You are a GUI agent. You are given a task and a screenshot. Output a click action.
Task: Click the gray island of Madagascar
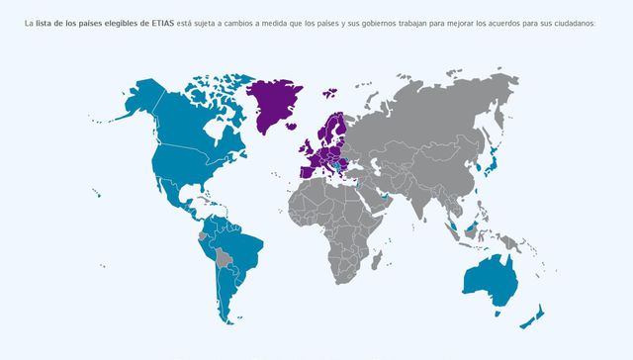(x=377, y=259)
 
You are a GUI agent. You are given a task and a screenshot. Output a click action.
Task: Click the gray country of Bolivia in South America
(x=225, y=259)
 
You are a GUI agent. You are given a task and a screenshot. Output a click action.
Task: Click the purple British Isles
(x=311, y=139)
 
